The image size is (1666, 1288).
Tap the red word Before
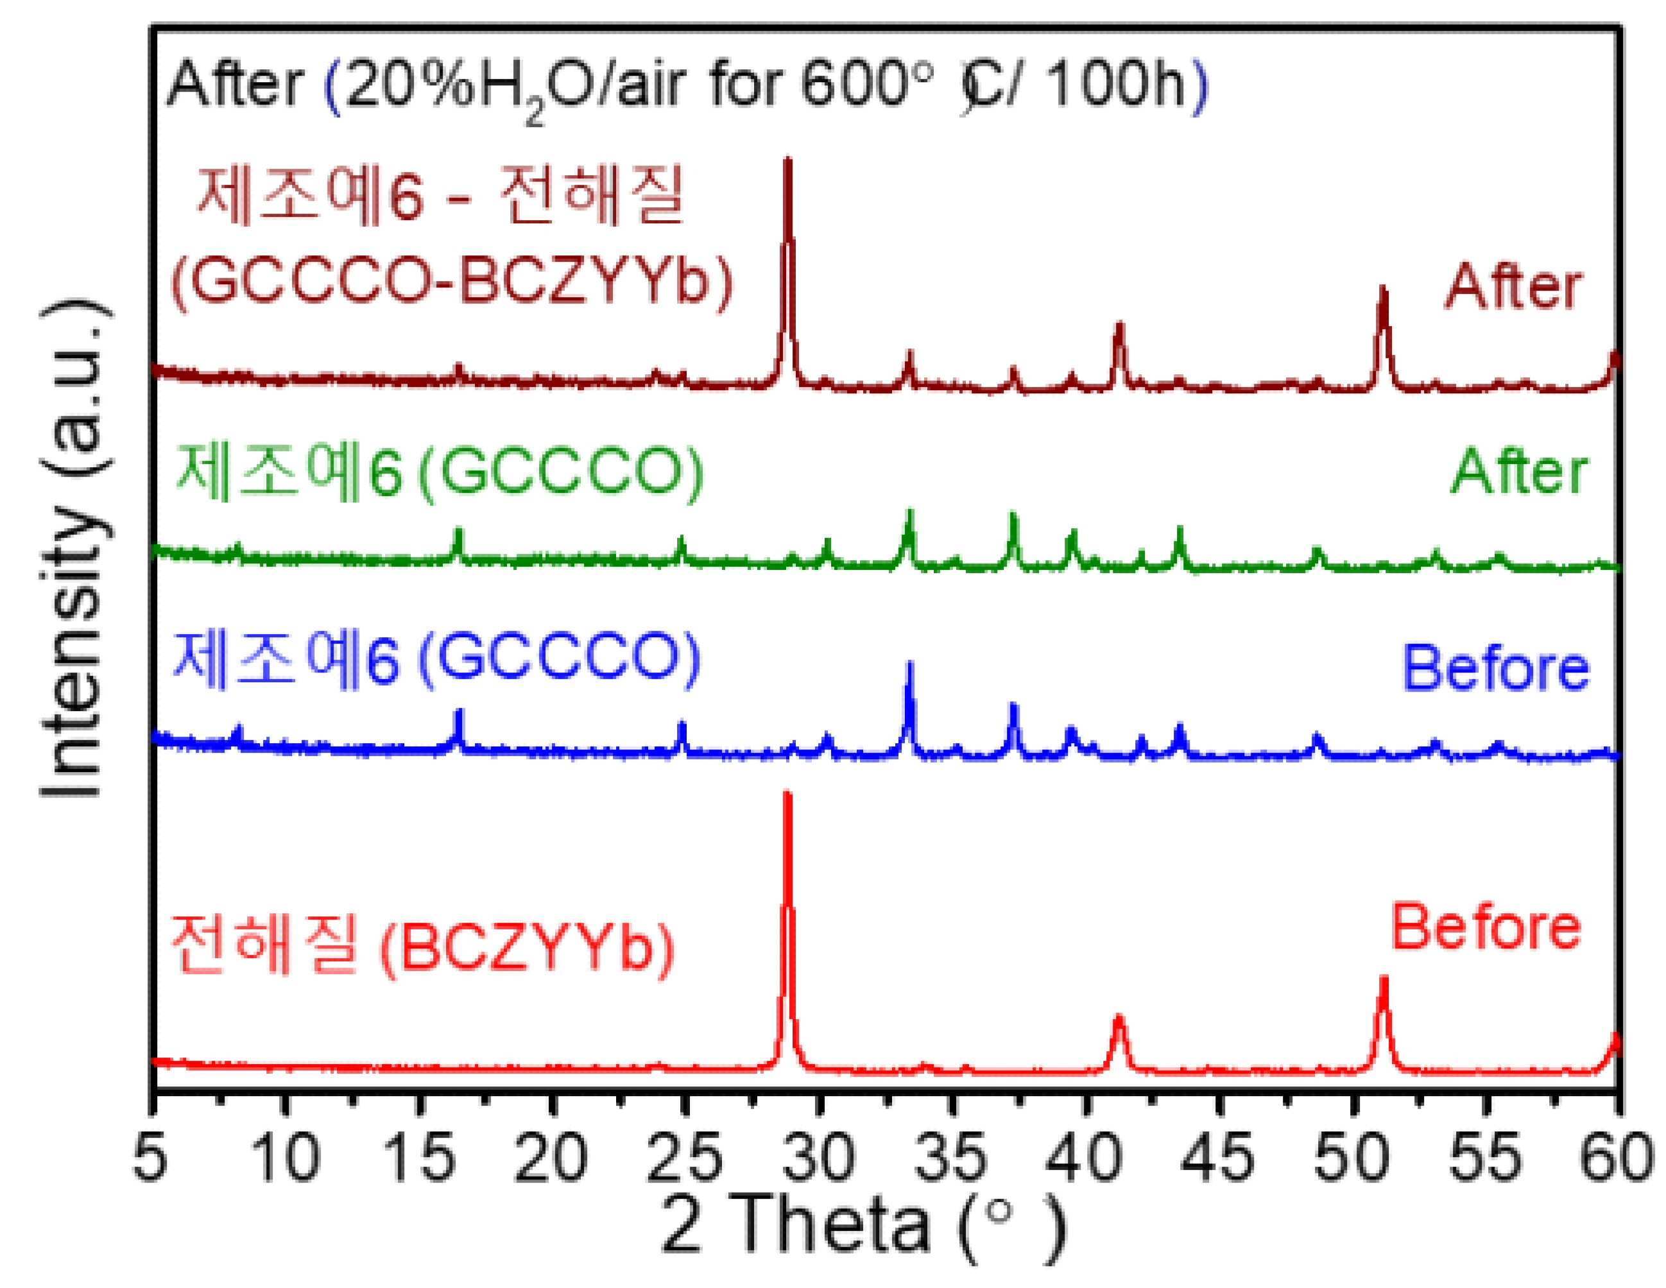click(1486, 928)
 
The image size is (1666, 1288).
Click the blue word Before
click(1496, 669)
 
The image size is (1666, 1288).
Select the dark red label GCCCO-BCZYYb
click(452, 283)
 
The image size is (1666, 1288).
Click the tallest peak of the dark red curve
click(787, 159)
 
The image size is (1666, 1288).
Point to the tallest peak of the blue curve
click(909, 662)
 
